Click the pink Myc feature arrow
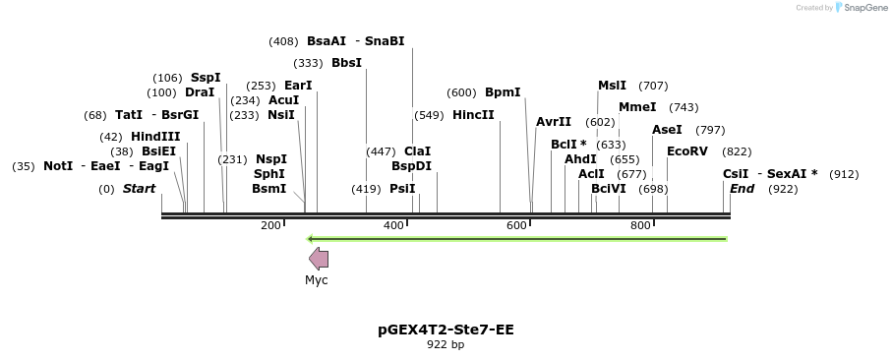click(319, 259)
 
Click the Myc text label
click(317, 280)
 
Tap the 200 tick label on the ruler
click(270, 226)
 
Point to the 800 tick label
click(640, 226)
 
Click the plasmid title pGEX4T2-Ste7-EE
click(446, 330)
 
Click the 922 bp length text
click(446, 345)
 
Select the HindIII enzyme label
click(155, 137)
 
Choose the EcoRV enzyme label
click(686, 151)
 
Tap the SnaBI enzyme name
click(385, 41)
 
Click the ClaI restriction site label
click(418, 151)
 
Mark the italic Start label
click(139, 189)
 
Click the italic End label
click(743, 189)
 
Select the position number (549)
click(429, 115)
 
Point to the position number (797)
click(710, 130)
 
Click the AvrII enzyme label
click(554, 122)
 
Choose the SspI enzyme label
click(206, 78)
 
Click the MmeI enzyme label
click(637, 107)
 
